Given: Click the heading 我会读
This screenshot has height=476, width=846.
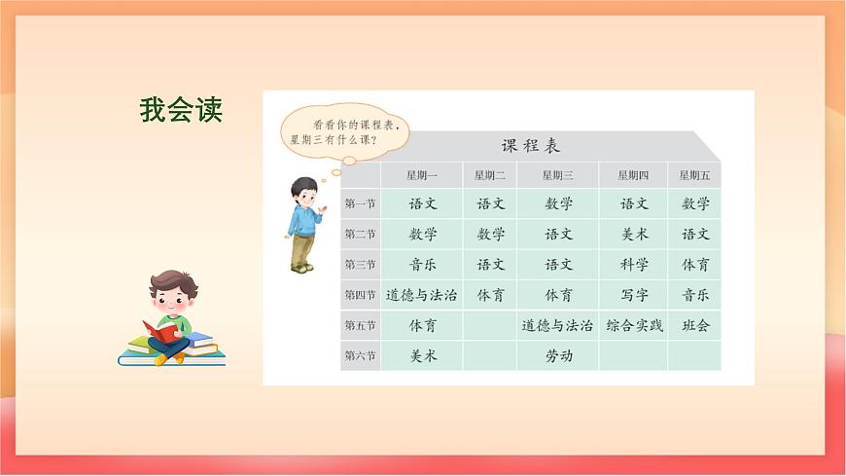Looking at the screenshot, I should tap(181, 110).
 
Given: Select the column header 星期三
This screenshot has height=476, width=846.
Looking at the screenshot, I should tap(557, 175).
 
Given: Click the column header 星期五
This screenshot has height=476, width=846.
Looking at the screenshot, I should tap(694, 175).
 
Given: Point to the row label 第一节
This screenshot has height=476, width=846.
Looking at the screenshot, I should tap(360, 204).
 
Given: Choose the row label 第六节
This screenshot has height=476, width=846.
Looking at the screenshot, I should tap(360, 355).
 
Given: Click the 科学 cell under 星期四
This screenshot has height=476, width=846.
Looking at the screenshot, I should tap(634, 265).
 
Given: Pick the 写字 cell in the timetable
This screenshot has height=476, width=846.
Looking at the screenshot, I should tap(634, 295).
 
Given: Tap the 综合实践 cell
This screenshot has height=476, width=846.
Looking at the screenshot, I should tap(634, 325).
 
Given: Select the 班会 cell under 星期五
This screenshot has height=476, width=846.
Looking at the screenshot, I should tap(695, 325).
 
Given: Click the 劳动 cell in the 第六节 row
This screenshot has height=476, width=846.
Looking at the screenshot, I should tap(558, 355).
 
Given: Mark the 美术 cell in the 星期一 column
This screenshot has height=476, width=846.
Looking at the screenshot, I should tap(422, 355).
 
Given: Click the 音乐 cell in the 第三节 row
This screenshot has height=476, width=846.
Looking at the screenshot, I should tap(422, 265).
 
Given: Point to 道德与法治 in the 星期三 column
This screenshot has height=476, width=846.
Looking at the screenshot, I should tap(558, 325).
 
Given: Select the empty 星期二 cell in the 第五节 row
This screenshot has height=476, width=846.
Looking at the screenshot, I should tap(490, 325).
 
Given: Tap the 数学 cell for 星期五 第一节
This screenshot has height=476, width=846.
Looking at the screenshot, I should tap(695, 204).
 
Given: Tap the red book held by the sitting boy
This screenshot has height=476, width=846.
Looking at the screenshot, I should tap(163, 331).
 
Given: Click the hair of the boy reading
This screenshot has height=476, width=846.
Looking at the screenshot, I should tap(174, 283).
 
